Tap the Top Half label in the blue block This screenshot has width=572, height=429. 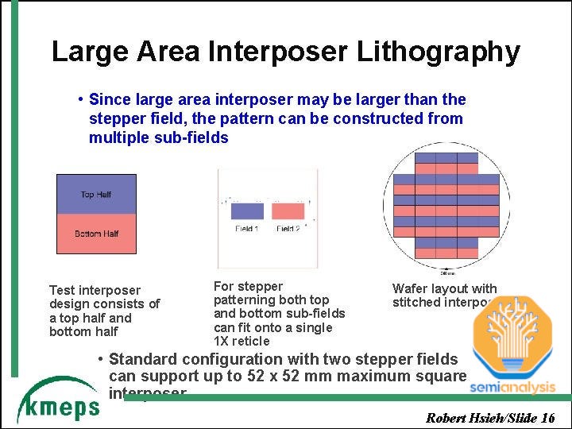pyautogui.click(x=96, y=195)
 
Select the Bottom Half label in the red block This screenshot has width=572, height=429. pyautogui.click(x=96, y=234)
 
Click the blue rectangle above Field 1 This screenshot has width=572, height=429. pyautogui.click(x=246, y=211)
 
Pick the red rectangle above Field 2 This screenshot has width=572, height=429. pyautogui.click(x=288, y=211)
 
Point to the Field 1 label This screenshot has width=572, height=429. pyautogui.click(x=246, y=229)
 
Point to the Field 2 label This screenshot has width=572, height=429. pyautogui.click(x=288, y=229)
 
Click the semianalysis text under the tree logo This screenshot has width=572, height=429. pyautogui.click(x=512, y=387)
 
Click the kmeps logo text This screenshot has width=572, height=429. pyautogui.click(x=60, y=407)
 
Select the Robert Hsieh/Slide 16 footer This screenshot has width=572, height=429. pyautogui.click(x=490, y=418)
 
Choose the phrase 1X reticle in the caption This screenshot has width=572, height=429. pyautogui.click(x=242, y=342)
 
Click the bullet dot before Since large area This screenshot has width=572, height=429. pyautogui.click(x=81, y=99)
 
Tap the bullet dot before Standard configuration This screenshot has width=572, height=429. pyautogui.click(x=100, y=358)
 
